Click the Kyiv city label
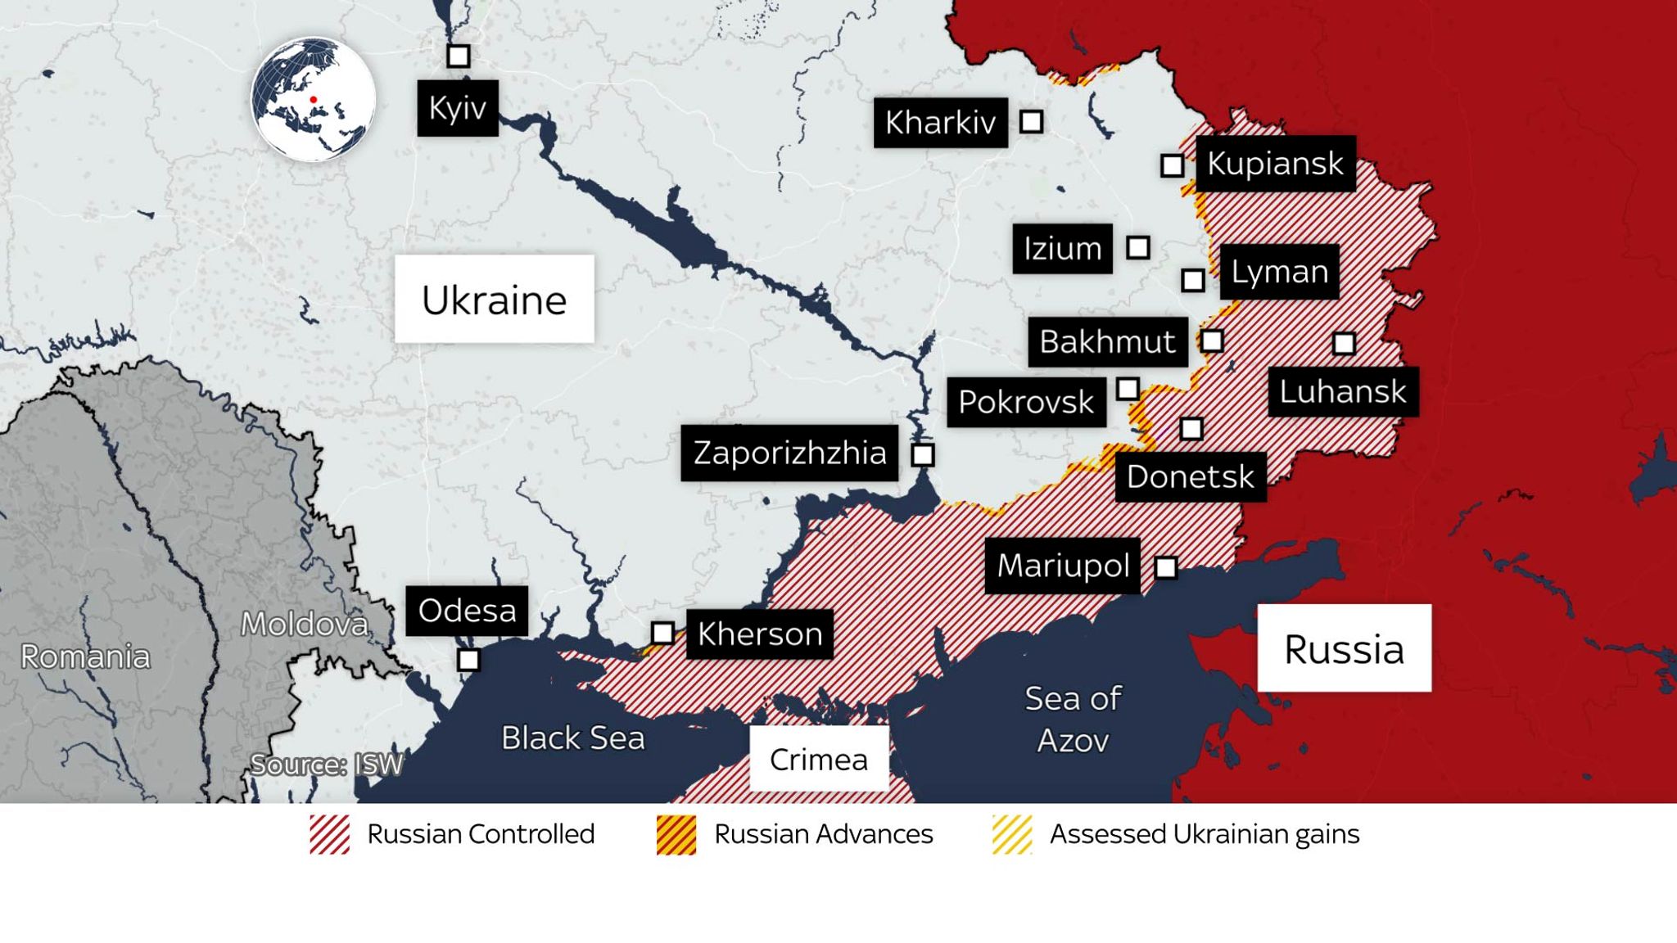coord(458,108)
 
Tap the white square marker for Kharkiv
coord(1031,122)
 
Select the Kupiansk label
coord(1275,164)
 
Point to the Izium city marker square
coord(1137,247)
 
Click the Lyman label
coord(1279,272)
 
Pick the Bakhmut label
coord(1107,341)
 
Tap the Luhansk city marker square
coord(1344,343)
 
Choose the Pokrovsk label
coord(1026,402)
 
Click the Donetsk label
coord(1190,476)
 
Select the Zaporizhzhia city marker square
coord(923,455)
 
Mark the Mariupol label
coord(1063,566)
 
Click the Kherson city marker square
coord(662,633)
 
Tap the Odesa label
coord(467,611)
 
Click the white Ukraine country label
coord(494,300)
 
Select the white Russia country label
coord(1344,648)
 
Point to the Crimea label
coord(819,759)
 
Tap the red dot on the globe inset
coord(313,100)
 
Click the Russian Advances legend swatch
coord(676,835)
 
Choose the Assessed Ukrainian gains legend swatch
coord(1012,835)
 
